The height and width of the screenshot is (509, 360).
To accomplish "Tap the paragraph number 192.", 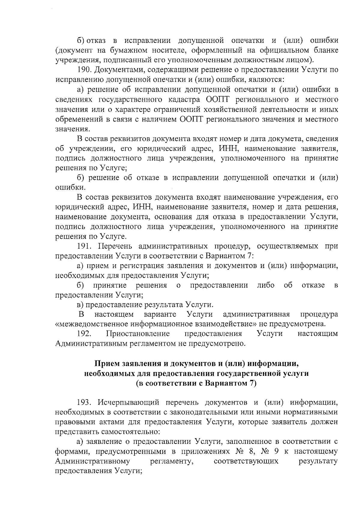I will [x=84, y=334].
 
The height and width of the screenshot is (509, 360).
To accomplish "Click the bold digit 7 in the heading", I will [x=251, y=384].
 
